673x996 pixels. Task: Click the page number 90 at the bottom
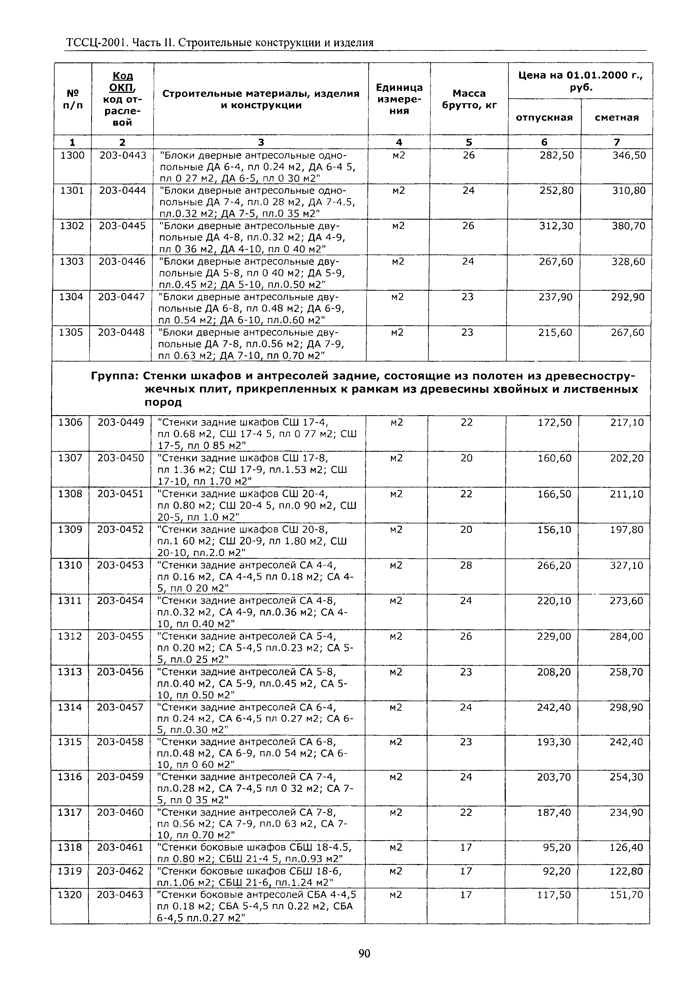[x=364, y=953]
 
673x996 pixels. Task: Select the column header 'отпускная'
[x=544, y=118]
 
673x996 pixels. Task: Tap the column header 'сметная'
[x=616, y=118]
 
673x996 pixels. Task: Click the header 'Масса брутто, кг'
[x=469, y=99]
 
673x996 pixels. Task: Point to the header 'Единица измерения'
[x=399, y=99]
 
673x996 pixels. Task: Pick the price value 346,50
[x=628, y=155]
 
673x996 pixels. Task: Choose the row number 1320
[x=69, y=894]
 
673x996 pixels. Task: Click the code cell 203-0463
[x=120, y=894]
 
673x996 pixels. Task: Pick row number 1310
[x=70, y=565]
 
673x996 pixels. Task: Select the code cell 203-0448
[x=121, y=332]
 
